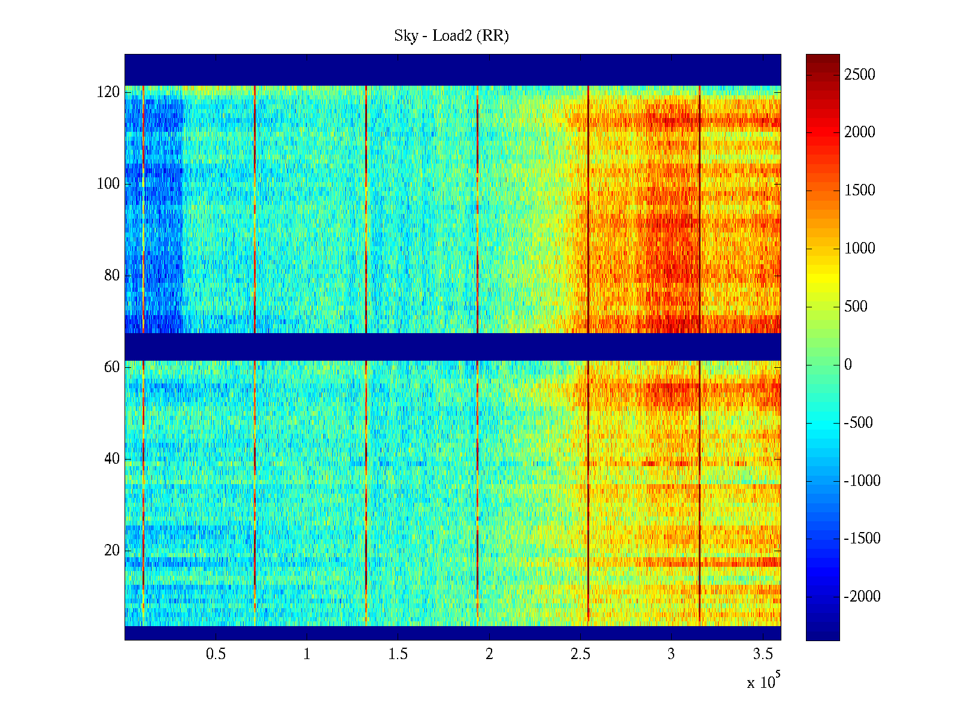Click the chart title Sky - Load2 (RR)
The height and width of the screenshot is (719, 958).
tap(451, 36)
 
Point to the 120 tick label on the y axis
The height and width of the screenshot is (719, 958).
tap(108, 92)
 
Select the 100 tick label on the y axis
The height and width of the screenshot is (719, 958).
tap(108, 184)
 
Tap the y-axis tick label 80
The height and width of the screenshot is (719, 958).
tap(112, 276)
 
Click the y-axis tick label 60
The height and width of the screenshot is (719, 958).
tap(112, 367)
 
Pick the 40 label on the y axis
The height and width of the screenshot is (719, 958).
tap(112, 459)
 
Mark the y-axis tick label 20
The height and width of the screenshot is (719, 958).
tap(112, 551)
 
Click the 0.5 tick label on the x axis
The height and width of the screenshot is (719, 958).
tap(216, 654)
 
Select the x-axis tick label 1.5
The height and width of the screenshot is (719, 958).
tap(398, 654)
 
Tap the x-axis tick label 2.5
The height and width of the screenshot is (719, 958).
tap(580, 654)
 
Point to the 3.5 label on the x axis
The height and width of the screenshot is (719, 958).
tap(763, 654)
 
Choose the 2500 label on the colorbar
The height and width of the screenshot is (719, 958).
tap(860, 75)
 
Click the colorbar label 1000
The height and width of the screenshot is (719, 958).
tap(860, 249)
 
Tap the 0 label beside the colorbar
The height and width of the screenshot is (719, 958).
tap(848, 365)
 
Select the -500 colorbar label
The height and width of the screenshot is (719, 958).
tap(858, 423)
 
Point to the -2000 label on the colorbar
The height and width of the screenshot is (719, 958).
tap(862, 597)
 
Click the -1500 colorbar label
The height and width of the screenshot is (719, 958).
tap(862, 539)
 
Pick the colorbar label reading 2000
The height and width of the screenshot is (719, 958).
tap(860, 132)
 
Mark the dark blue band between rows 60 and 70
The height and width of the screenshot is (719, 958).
tap(453, 346)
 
